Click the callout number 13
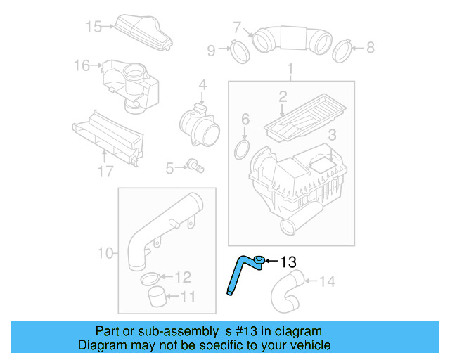tap(289, 262)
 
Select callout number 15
tap(94, 27)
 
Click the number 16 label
tap(82, 65)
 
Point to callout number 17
tap(105, 172)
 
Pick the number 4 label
tap(202, 85)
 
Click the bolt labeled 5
tap(195, 166)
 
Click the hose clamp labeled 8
tap(342, 49)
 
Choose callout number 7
tap(237, 28)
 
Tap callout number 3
tap(333, 134)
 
